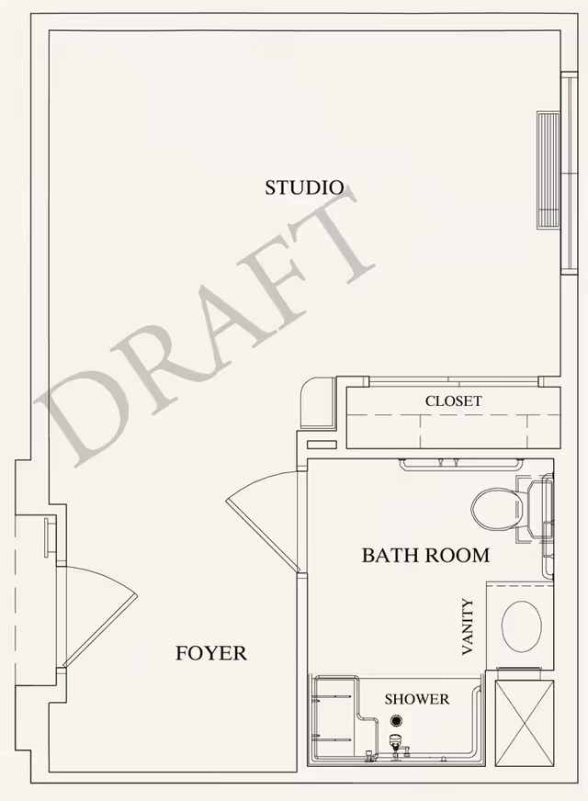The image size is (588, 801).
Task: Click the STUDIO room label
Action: click(304, 187)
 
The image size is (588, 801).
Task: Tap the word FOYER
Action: click(211, 653)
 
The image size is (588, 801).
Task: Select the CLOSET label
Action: click(453, 401)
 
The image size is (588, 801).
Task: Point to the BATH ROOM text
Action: click(424, 555)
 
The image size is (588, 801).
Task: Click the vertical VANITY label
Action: click(469, 626)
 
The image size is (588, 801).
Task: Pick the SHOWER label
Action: click(417, 699)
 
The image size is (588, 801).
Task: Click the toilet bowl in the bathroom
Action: click(496, 505)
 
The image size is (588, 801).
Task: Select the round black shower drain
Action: click(396, 722)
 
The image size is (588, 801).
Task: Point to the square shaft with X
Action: click(525, 722)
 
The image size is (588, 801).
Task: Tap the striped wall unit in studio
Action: click(548, 170)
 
